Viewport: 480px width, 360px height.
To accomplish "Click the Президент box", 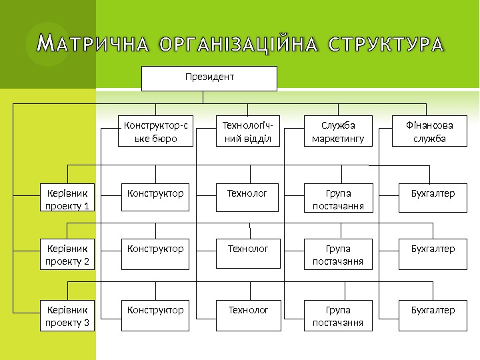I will (x=209, y=78).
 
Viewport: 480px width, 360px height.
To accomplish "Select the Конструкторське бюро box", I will (x=156, y=131).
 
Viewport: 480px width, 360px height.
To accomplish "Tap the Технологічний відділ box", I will (x=249, y=131).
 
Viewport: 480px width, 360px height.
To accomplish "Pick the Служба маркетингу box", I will (x=338, y=131).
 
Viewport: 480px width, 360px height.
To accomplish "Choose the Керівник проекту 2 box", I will (x=67, y=254).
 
